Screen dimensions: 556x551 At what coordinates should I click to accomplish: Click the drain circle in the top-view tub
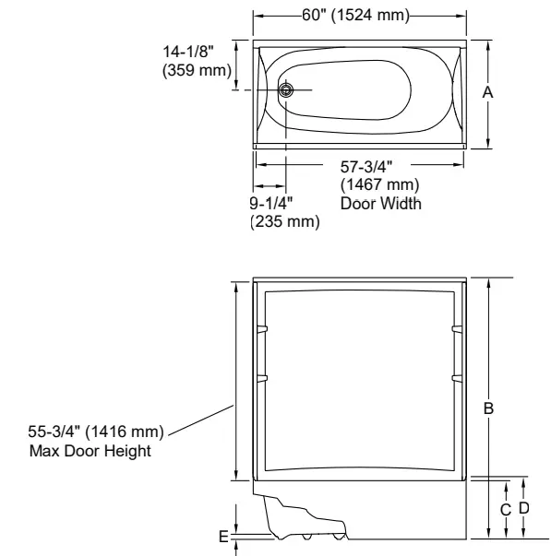tap(287, 89)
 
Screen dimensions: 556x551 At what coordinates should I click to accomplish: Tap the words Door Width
tap(381, 204)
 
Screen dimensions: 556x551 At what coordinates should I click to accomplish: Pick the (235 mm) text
tap(285, 221)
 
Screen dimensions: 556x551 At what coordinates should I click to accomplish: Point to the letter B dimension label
tap(489, 408)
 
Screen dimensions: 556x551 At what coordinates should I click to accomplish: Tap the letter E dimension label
tap(222, 535)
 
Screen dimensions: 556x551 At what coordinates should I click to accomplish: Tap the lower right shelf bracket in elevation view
tap(456, 377)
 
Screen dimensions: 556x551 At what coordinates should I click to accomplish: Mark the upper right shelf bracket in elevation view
tap(456, 329)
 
